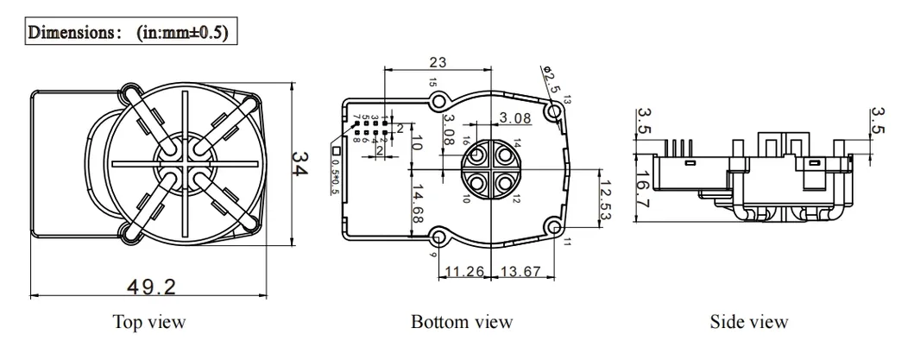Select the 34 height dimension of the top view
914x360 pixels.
point(299,165)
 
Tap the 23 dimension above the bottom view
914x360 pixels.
point(437,62)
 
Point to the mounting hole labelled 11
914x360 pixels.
point(554,226)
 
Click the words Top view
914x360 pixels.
point(149,322)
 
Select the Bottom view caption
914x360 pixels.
point(463,322)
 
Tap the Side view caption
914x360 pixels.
point(748,322)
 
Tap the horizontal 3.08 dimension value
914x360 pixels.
point(517,117)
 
